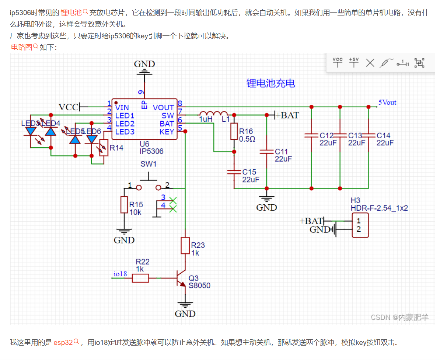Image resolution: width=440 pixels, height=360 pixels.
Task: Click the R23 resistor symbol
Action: click(185, 246)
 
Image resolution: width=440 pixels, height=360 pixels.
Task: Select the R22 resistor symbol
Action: click(140, 278)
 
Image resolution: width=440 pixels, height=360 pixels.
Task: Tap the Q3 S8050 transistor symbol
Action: click(182, 278)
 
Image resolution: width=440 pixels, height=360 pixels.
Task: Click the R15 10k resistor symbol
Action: click(124, 205)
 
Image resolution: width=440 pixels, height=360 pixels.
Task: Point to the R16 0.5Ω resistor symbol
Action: click(234, 132)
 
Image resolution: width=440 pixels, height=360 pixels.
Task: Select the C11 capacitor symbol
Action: click(266, 152)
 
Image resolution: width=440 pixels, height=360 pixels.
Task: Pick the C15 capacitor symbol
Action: click(234, 172)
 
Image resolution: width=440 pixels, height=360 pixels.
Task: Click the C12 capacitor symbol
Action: click(311, 135)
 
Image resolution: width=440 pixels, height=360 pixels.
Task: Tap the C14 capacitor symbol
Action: click(369, 135)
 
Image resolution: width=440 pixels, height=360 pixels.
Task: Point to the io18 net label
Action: click(120, 274)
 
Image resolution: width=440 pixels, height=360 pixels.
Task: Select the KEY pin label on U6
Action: click(167, 132)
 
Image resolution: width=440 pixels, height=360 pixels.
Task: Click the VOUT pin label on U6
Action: click(163, 107)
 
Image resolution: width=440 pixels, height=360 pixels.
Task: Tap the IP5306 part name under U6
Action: click(151, 151)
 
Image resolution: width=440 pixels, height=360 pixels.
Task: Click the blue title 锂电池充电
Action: click(270, 83)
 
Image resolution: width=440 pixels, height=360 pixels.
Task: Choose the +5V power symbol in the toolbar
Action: click(354, 62)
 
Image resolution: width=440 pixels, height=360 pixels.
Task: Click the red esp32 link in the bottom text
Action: click(63, 342)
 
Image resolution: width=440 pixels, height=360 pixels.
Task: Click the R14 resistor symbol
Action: click(104, 148)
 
